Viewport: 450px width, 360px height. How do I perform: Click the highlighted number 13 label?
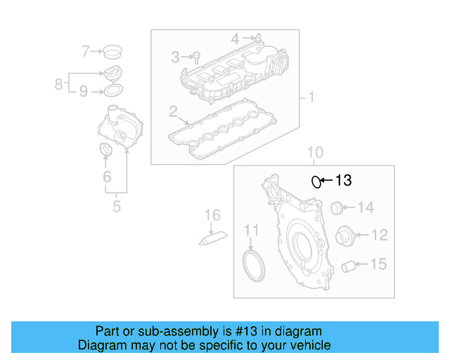pyautogui.click(x=342, y=181)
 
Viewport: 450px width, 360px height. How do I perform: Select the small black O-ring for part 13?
pyautogui.click(x=317, y=182)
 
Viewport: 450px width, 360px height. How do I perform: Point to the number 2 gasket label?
pyautogui.click(x=173, y=111)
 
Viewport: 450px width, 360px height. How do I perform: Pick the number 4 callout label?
pyautogui.click(x=236, y=37)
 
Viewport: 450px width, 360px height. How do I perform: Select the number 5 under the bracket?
pyautogui.click(x=117, y=207)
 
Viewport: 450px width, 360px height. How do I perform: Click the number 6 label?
pyautogui.click(x=107, y=176)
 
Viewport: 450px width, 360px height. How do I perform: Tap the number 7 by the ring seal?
pyautogui.click(x=86, y=51)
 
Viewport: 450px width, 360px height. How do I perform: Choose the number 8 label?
pyautogui.click(x=59, y=84)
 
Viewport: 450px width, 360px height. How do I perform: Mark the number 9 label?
pyautogui.click(x=83, y=91)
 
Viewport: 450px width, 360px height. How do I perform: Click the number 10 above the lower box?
pyautogui.click(x=315, y=152)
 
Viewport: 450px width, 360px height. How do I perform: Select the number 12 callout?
pyautogui.click(x=379, y=235)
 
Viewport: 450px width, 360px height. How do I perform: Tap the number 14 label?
pyautogui.click(x=366, y=207)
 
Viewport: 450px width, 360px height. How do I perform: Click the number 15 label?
pyautogui.click(x=378, y=264)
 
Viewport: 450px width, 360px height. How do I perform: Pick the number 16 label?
pyautogui.click(x=212, y=215)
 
